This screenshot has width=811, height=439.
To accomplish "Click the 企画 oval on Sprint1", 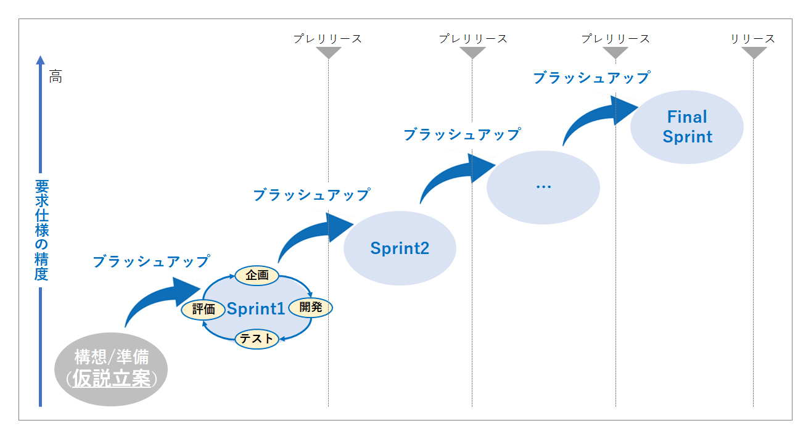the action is point(257,276).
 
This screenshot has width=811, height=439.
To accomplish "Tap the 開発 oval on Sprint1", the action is point(311,308).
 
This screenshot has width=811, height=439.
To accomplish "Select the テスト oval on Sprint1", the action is point(257,339).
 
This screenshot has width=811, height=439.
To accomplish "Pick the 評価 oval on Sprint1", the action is point(203,310).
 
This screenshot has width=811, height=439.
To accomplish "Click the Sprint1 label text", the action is point(256,309).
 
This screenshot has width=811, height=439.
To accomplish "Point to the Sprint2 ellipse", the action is point(400,248).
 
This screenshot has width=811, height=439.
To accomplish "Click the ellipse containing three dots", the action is point(543,187).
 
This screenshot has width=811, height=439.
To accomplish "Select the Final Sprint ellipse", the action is point(687,127).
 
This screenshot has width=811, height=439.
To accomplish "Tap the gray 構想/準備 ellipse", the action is point(111,369).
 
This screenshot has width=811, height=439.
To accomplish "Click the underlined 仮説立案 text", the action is point(112,379).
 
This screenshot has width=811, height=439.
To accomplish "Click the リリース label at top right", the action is point(752,39).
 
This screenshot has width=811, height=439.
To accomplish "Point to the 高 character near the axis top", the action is point(56,76).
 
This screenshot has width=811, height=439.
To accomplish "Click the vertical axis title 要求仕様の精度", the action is point(41,230).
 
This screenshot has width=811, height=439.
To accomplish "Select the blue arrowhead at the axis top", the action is point(41,60).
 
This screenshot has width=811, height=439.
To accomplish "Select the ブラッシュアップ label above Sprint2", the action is point(311,195).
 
